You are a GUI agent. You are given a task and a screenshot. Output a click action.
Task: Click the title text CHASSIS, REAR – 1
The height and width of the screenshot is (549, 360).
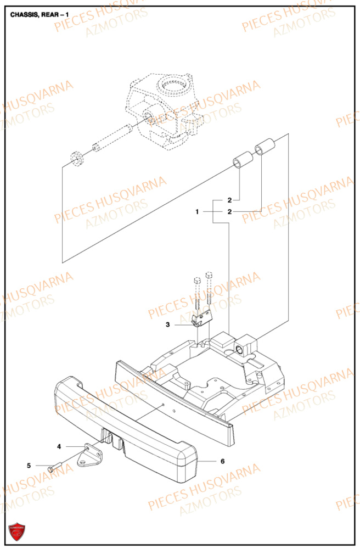pyautogui.click(x=40, y=14)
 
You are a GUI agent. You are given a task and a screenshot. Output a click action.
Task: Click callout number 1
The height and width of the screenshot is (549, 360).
pyautogui.click(x=196, y=211)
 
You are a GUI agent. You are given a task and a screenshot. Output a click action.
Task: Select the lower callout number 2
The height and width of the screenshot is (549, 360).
pyautogui.click(x=230, y=211)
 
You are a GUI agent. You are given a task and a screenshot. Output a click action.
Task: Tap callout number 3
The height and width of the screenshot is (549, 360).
pyautogui.click(x=168, y=325)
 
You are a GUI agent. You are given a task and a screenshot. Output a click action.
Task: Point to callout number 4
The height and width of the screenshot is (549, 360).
pyautogui.click(x=59, y=447)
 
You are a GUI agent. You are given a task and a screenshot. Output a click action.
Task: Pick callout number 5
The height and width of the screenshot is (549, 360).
pyautogui.click(x=29, y=466)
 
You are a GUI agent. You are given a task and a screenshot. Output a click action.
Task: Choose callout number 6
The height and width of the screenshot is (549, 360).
pyautogui.click(x=223, y=461)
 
